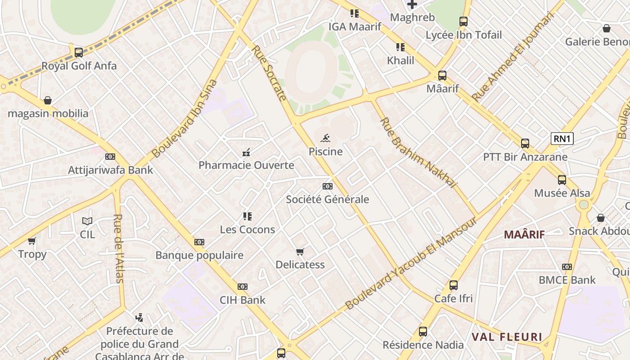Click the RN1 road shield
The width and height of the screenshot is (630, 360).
562,139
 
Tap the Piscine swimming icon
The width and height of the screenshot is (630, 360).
326,138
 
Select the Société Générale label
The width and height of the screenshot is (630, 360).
327,199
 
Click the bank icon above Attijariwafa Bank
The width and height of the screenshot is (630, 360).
110,157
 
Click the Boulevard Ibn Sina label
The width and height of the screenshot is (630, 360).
184,119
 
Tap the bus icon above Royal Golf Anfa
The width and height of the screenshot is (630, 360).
79,52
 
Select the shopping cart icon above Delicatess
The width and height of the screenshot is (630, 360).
300,252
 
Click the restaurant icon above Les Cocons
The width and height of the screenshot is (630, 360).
247,216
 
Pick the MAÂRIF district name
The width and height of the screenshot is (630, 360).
524,234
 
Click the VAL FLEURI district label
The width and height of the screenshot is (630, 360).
507,337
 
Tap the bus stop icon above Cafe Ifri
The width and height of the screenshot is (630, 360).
454,285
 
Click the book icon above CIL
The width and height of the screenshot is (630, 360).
87,221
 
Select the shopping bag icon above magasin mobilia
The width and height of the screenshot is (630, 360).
48,100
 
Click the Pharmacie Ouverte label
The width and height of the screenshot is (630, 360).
246,165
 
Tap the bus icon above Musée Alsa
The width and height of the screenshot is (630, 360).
562,180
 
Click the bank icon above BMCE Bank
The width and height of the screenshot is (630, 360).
567,267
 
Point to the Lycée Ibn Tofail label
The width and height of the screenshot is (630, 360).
463,35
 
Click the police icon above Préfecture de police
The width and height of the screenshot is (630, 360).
139,318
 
